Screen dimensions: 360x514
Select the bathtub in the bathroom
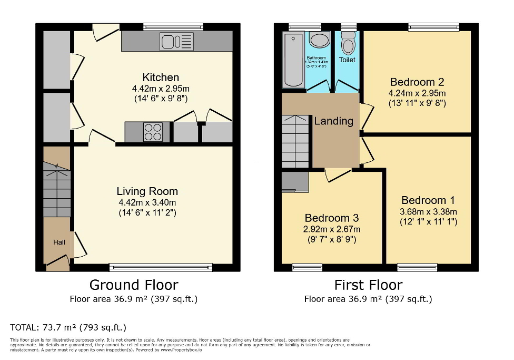point(293,59)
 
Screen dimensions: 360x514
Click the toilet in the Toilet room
point(348,42)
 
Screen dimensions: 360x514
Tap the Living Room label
point(147,191)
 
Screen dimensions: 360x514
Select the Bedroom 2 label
point(417,82)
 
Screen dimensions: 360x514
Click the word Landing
point(333,121)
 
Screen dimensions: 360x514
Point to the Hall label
point(58,242)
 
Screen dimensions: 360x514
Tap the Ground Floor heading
point(134,285)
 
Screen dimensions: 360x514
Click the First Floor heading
point(368,285)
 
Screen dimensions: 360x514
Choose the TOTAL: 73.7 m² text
point(68,327)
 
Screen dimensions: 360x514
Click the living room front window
point(161,267)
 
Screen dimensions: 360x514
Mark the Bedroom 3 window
point(307,268)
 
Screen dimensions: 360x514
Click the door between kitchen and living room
point(101,138)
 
